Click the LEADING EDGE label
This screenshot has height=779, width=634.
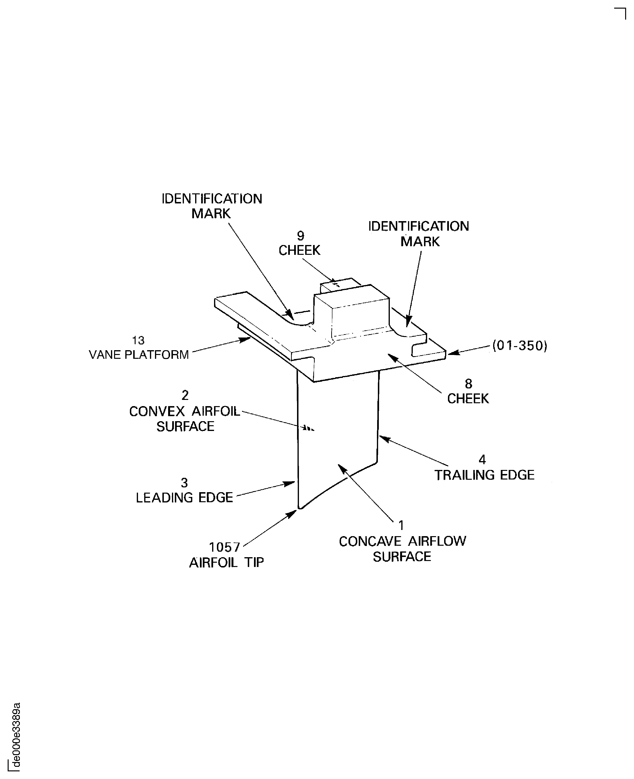tap(184, 498)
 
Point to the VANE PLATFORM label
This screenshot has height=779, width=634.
tap(139, 354)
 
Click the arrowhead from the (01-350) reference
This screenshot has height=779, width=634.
tap(453, 352)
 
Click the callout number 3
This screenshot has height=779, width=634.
tap(184, 483)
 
